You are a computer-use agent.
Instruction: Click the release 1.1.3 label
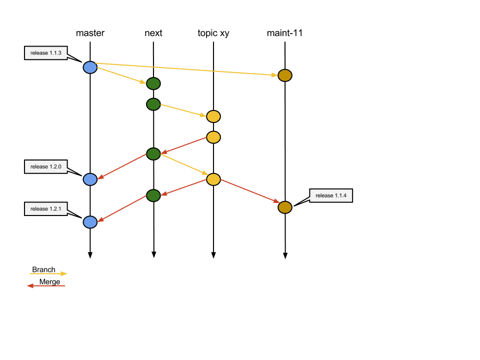[45, 53]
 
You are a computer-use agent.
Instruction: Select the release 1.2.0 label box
[45, 166]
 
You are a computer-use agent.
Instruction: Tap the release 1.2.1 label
[45, 209]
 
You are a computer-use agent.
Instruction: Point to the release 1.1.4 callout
[330, 195]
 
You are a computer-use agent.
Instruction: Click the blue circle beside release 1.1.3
[90, 67]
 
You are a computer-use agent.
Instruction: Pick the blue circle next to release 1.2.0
[90, 179]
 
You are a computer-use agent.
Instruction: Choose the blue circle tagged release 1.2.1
[90, 222]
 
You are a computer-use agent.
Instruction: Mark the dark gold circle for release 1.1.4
[285, 207]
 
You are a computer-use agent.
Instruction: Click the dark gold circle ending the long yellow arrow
[285, 75]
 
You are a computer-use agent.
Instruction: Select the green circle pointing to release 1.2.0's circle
[153, 154]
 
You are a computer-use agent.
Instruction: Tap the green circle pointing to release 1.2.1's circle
[153, 195]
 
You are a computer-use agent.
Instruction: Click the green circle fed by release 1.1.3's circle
[153, 83]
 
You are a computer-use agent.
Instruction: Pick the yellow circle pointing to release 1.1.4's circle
[213, 179]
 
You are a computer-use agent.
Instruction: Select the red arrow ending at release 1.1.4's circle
[249, 190]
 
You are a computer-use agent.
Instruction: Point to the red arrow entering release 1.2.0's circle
[122, 166]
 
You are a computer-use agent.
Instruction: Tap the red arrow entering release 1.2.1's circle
[122, 208]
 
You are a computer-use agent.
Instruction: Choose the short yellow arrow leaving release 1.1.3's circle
[121, 75]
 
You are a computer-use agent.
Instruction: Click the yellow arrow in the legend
[48, 273]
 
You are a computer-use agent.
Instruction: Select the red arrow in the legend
[46, 286]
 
